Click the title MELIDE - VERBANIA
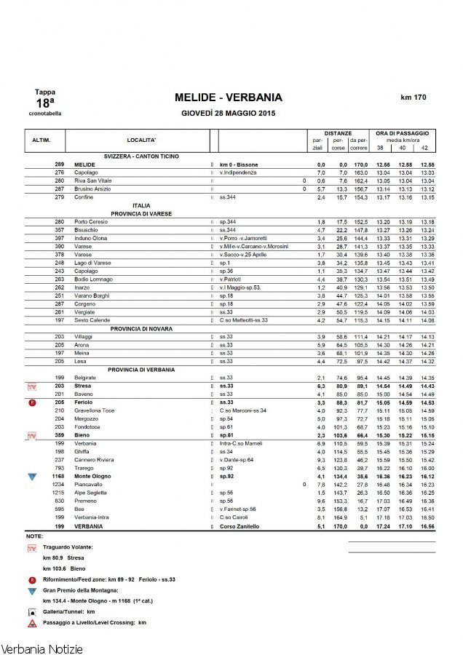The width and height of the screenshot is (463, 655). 228,98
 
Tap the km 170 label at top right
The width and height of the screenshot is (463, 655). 413,97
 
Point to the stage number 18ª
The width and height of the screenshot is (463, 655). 44,103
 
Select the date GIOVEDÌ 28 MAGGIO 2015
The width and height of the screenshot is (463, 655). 228,114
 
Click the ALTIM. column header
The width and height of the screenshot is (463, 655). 41,140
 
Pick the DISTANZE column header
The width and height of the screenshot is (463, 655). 339,133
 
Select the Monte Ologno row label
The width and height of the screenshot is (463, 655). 92,476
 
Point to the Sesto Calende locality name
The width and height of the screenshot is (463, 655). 90,320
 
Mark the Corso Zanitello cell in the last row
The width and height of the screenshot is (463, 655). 240,525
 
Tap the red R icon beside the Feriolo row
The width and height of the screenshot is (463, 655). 31,402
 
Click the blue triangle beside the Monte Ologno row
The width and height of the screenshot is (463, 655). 31,477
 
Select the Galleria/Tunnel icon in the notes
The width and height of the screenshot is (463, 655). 31,613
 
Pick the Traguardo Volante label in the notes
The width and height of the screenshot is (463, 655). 68,546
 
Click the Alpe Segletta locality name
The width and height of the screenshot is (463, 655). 92,493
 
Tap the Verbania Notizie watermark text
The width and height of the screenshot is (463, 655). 41,648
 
